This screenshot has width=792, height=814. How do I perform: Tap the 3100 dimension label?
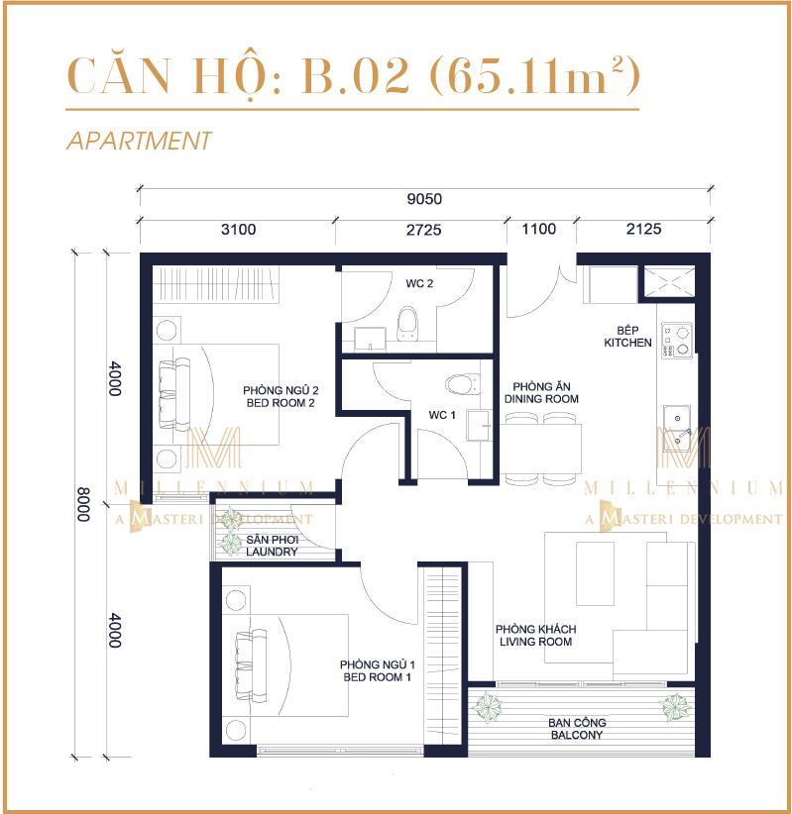tap(238, 230)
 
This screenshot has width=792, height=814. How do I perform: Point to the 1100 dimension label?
tap(539, 230)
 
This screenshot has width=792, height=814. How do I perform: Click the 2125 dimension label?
tap(643, 230)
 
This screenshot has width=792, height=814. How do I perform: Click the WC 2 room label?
tap(419, 284)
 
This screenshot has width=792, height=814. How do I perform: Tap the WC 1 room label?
tap(442, 415)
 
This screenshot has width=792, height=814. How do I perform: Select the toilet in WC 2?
tap(406, 324)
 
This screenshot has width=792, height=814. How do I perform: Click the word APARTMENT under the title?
tap(139, 141)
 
